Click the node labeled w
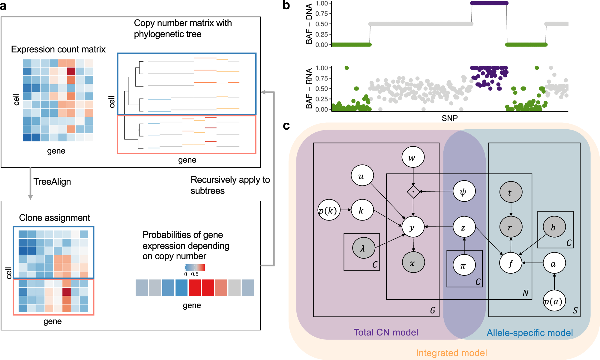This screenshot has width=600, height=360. [x=413, y=157]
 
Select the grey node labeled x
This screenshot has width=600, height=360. [x=413, y=262]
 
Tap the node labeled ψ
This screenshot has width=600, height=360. [x=464, y=191]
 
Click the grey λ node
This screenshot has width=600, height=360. [x=363, y=248]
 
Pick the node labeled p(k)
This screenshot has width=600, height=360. [x=329, y=210]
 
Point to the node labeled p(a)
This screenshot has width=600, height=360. [x=554, y=301]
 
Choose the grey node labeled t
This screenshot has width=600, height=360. [x=511, y=192]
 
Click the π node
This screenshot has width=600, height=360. [x=464, y=265]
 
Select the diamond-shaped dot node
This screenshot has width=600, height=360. [x=413, y=192]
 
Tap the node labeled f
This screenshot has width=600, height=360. [x=511, y=263]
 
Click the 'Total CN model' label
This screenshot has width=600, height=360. [x=385, y=332]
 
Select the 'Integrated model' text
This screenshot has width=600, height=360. [x=451, y=353]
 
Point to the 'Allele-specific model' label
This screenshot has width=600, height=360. [x=529, y=333]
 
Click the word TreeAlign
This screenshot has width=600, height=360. [x=52, y=181]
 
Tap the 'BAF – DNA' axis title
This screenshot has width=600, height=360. [x=309, y=24]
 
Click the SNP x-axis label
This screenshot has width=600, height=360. [x=449, y=118]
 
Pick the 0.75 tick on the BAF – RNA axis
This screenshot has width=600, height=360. [x=322, y=78]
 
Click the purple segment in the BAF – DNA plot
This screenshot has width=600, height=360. [x=489, y=3]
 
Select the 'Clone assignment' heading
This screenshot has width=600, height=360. [x=54, y=217]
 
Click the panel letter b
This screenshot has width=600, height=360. [x=286, y=5]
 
